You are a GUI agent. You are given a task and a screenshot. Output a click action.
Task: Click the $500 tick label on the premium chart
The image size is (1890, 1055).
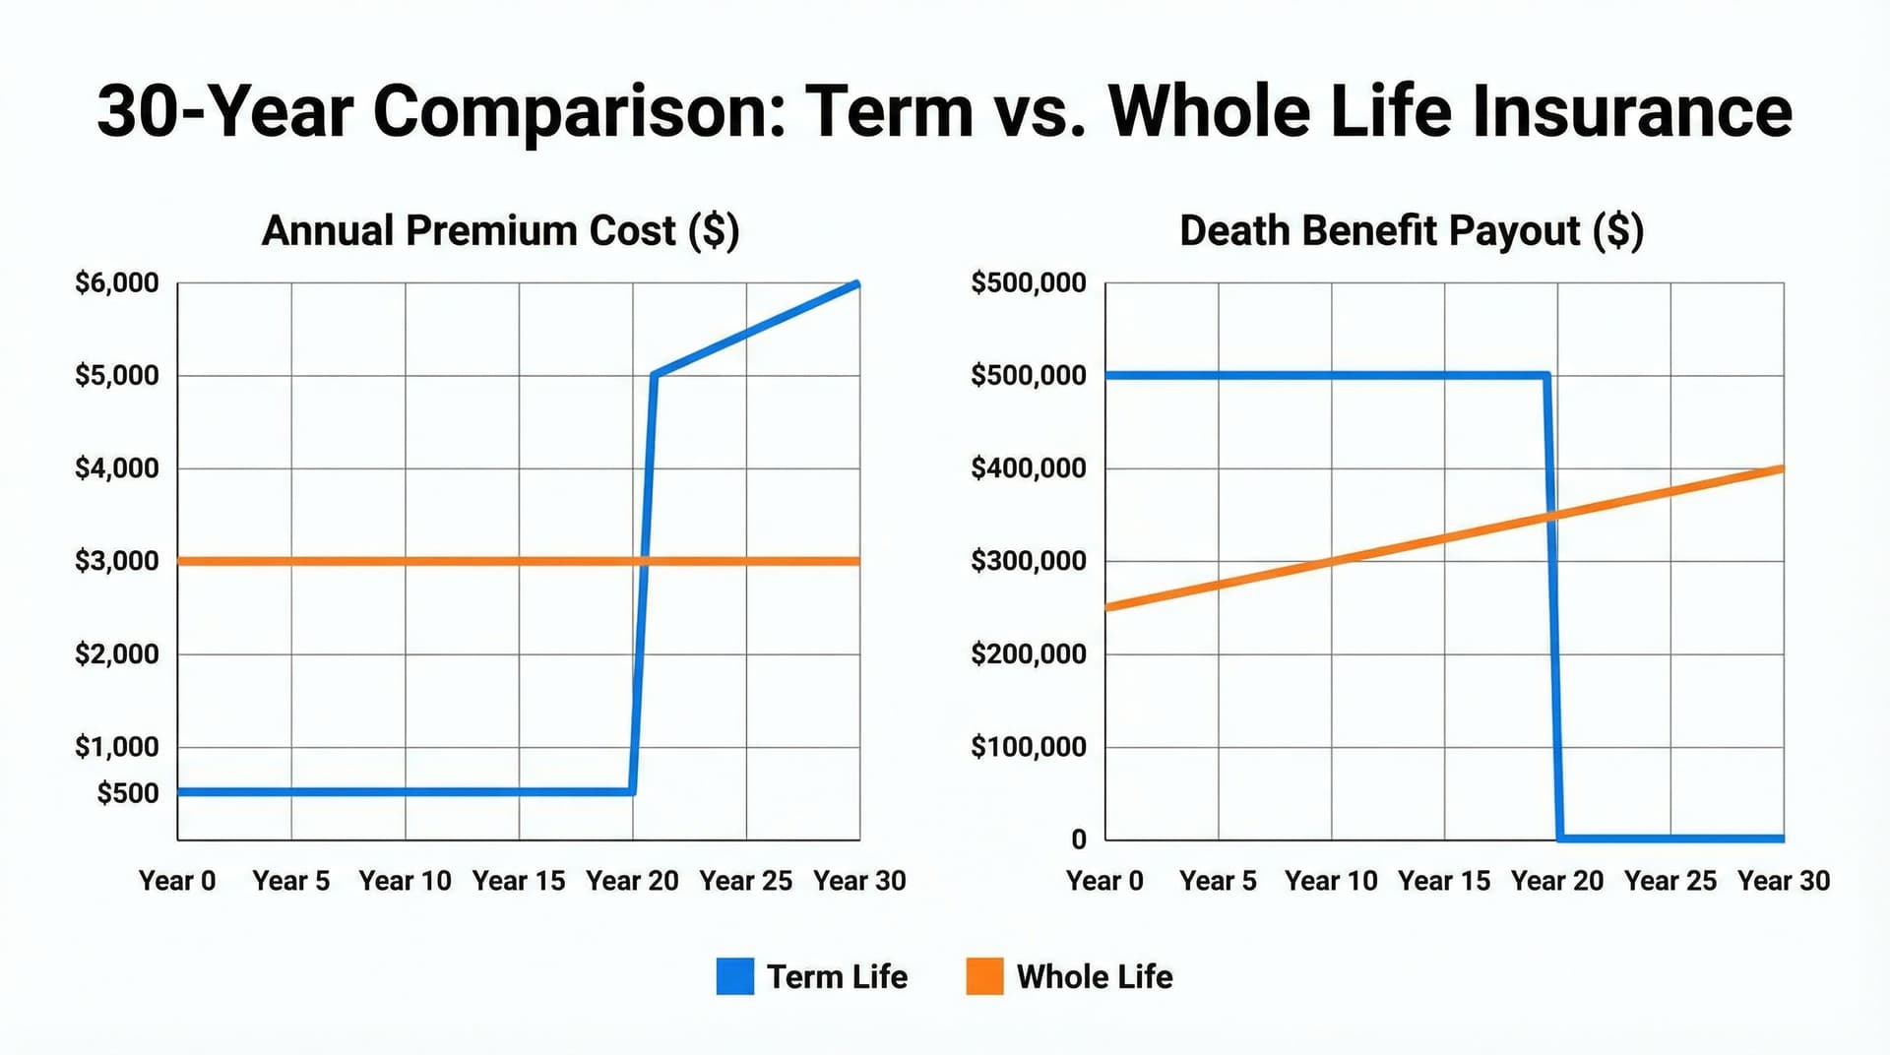[127, 793]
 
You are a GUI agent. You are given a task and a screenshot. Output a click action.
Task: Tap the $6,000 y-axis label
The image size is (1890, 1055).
[116, 283]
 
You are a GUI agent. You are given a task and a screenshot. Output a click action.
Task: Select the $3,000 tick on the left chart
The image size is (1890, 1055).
[116, 561]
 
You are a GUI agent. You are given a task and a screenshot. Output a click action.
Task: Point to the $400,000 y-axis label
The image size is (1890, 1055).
[1029, 468]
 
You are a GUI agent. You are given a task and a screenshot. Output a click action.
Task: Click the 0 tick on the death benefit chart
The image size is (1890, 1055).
[1079, 839]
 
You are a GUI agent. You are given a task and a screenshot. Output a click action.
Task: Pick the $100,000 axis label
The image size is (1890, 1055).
[1029, 747]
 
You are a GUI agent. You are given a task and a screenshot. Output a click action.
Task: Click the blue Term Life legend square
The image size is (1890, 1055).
[734, 976]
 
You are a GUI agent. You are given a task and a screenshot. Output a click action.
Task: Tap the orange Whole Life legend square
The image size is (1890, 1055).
[984, 976]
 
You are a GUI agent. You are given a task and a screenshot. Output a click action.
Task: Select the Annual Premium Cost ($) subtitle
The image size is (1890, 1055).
[500, 231]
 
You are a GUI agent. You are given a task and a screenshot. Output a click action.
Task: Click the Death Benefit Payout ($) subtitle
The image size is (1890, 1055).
[1411, 231]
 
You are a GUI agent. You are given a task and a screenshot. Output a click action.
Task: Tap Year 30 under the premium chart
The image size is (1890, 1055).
[858, 881]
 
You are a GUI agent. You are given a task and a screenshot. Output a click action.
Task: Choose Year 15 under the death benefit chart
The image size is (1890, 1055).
[1444, 881]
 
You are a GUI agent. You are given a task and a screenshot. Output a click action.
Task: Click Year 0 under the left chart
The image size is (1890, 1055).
[177, 881]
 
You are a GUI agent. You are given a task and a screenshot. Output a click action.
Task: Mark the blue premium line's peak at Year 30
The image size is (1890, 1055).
[857, 284]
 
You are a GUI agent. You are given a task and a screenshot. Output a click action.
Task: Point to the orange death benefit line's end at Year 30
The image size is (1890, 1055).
[1782, 468]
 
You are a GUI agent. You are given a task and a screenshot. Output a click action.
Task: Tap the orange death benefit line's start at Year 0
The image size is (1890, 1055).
[1107, 608]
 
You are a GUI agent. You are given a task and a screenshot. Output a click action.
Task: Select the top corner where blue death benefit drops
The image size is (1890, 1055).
[1547, 375]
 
